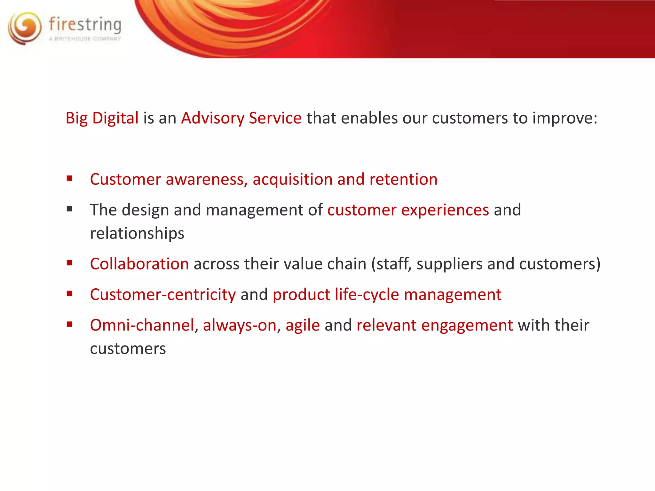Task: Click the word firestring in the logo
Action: (85, 25)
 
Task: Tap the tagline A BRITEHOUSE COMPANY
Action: (85, 39)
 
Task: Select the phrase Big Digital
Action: (102, 118)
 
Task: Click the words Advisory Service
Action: (241, 118)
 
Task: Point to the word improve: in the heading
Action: (565, 118)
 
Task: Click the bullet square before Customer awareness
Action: (69, 178)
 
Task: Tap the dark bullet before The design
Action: (69, 209)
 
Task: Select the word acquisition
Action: (292, 179)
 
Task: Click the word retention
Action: (403, 179)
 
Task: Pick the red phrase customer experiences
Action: (408, 210)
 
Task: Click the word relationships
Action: (137, 233)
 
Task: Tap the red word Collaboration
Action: (139, 264)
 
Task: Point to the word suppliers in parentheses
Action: (449, 264)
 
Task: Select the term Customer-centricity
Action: (163, 294)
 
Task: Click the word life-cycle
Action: (367, 294)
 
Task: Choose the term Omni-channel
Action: (142, 325)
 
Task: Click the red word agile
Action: (303, 326)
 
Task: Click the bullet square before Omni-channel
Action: (69, 324)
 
